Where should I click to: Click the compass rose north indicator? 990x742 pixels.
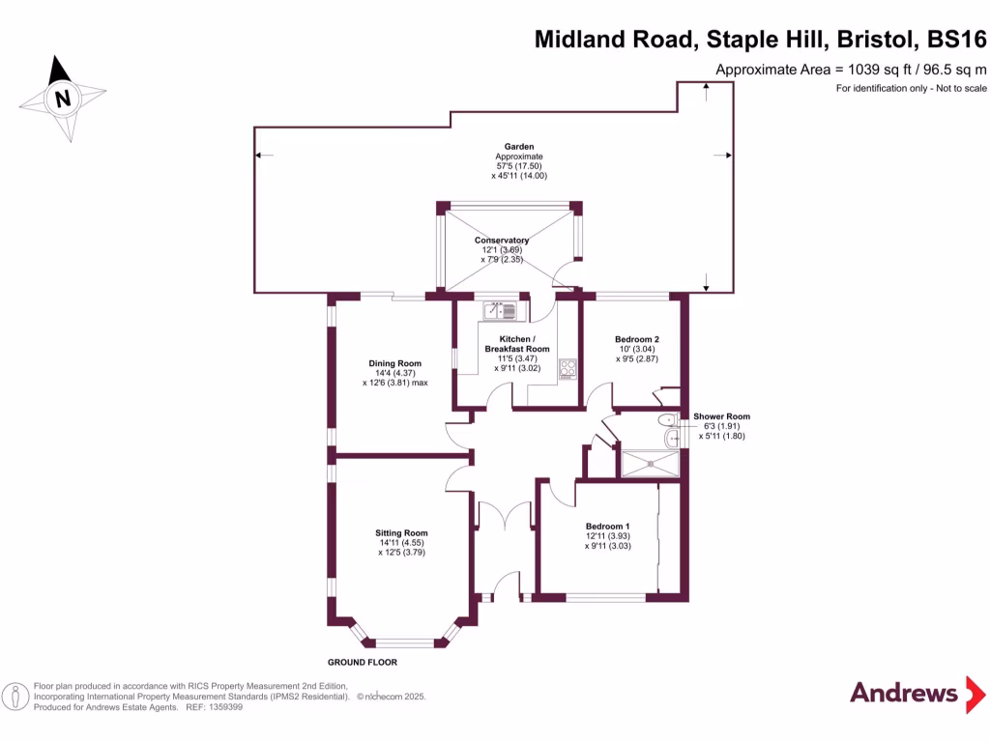[x=63, y=98]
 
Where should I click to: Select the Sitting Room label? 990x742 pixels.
[x=401, y=533]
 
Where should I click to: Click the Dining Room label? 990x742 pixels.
[x=393, y=363]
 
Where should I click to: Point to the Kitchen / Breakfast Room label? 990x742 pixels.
[x=516, y=344]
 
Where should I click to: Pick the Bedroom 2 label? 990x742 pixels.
[x=636, y=339]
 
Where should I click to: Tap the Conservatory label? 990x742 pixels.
[x=501, y=241]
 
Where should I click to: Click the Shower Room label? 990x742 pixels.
[x=721, y=416]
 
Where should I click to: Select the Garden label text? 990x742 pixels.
[x=518, y=147]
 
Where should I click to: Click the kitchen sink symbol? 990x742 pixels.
[x=502, y=310]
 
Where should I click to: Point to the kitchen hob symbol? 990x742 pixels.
[x=568, y=368]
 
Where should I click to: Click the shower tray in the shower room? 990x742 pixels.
[x=649, y=464]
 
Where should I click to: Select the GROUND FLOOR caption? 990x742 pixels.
[x=363, y=663]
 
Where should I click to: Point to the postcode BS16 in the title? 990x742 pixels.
[x=956, y=40]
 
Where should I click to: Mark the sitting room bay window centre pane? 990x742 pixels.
[x=405, y=642]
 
